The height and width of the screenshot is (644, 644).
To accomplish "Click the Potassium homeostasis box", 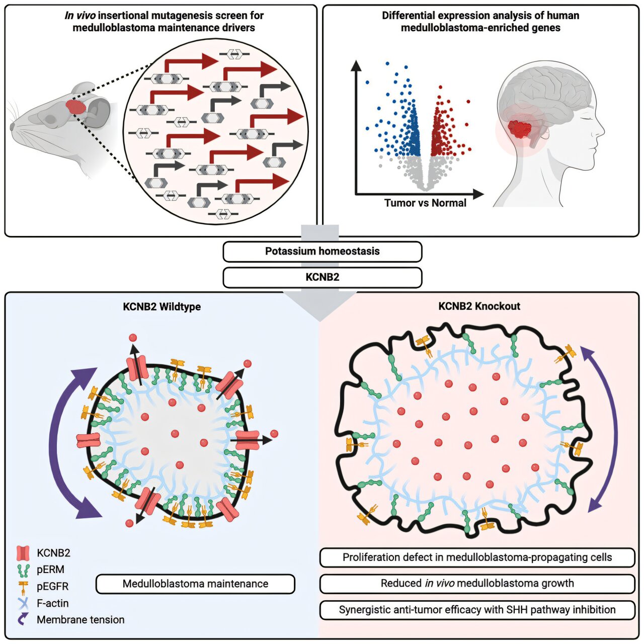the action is [x=322, y=252].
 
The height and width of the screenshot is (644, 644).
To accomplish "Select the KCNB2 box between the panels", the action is [x=322, y=277].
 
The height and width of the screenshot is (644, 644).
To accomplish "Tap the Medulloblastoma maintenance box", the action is [x=196, y=584].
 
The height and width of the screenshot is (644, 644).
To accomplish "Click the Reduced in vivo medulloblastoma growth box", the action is [x=477, y=583].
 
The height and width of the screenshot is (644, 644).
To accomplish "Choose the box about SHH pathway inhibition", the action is [x=477, y=610].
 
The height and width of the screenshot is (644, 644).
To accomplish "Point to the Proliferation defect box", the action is [x=477, y=557].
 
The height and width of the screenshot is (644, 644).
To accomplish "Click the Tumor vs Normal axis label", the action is [x=425, y=203].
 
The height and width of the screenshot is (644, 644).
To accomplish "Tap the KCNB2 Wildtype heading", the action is [x=162, y=307].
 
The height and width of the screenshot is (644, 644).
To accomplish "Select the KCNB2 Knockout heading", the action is [x=479, y=306].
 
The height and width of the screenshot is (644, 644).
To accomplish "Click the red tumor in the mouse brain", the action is [x=76, y=107].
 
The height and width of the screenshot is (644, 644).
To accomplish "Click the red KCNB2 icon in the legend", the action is [x=23, y=553].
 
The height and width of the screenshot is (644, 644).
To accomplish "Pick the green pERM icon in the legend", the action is [x=23, y=570].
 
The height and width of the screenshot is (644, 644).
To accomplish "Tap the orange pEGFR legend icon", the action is [x=23, y=587].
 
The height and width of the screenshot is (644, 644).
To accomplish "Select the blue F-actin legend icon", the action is [x=23, y=603].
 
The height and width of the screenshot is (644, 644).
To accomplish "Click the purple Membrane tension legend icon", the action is [x=22, y=619].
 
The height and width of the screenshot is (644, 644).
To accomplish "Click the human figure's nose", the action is [x=602, y=130].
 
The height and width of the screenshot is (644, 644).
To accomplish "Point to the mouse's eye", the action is [x=51, y=119].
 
